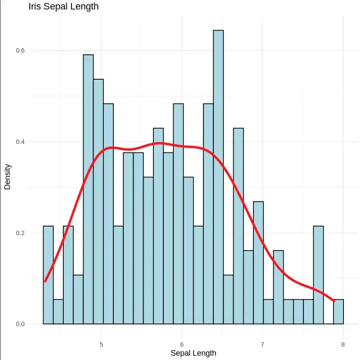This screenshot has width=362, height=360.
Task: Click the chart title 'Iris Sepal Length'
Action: tap(63, 6)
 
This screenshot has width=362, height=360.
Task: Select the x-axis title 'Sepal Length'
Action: tap(193, 353)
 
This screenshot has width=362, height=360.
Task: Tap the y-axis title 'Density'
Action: tap(7, 177)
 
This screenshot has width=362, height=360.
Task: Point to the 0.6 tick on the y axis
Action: tap(20, 50)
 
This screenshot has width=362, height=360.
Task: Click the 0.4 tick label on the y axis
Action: tap(20, 142)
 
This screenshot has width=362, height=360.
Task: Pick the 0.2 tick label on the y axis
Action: tap(20, 233)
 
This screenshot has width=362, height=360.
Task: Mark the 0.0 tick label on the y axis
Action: tap(20, 324)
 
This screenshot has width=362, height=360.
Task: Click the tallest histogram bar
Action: tap(218, 177)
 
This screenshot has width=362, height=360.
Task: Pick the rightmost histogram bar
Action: tap(338, 311)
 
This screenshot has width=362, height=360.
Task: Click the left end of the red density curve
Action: tap(45, 281)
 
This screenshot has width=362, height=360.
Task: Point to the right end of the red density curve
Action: tap(334, 301)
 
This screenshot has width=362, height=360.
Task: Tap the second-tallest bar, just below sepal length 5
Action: tap(88, 189)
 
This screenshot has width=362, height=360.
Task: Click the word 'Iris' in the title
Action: tap(34, 6)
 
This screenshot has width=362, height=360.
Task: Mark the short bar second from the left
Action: tap(58, 311)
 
